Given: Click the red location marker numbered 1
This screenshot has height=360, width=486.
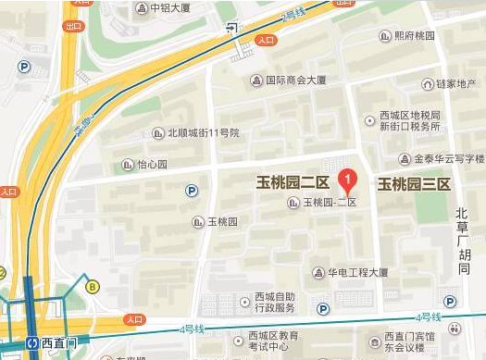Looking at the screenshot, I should [347, 179].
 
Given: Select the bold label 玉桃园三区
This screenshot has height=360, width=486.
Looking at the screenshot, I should [413, 184].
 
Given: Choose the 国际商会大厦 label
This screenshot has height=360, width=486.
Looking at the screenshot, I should [295, 81].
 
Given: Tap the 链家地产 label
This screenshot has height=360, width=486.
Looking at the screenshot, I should [455, 84].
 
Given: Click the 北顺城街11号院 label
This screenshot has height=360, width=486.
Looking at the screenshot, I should [203, 133].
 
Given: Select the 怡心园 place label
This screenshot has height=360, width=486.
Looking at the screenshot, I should [151, 165].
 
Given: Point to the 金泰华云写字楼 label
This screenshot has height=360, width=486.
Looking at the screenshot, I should [448, 159].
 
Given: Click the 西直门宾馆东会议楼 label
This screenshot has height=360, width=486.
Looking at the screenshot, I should [410, 341].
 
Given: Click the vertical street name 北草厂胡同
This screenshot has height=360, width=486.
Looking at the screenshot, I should [463, 241].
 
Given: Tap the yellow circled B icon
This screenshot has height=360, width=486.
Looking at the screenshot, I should [93, 287].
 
